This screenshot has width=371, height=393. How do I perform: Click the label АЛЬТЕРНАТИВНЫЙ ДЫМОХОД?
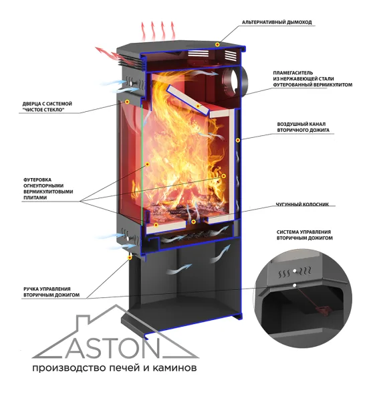coord(277,22)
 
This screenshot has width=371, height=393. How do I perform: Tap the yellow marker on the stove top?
coord(218,44)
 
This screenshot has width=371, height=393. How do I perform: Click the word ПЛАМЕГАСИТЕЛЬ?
coord(293,73)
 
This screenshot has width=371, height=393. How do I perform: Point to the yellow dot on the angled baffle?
coord(198,106)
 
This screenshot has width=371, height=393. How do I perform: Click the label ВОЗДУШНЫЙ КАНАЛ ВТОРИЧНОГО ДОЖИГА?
coord(303,127)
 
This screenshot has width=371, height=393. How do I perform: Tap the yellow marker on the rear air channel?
coord(238,140)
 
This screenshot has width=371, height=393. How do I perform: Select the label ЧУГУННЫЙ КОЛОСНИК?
coord(302,204)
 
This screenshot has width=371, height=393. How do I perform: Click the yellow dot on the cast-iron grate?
coord(193,222)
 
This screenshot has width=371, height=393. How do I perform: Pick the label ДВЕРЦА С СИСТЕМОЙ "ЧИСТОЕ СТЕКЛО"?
coord(47,106)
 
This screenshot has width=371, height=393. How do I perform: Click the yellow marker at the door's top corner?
coord(127,102)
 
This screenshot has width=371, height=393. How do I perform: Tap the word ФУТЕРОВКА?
coord(37,179)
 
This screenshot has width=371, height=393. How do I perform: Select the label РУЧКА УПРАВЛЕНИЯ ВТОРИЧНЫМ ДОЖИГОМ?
coord(51,292)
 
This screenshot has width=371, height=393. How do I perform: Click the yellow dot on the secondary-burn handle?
coord(130,257)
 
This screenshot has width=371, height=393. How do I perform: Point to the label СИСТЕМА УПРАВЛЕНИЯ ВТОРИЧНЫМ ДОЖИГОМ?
coord(304,235)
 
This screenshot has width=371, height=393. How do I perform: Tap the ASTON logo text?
coord(112,349)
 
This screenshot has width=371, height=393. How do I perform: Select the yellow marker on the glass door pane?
coord(148,164)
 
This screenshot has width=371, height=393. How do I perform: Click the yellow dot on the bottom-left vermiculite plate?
coord(156,225)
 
